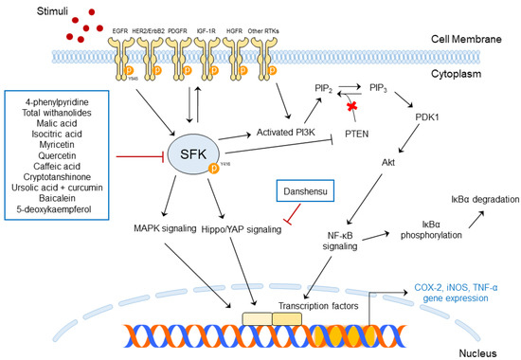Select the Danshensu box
(301, 191)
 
